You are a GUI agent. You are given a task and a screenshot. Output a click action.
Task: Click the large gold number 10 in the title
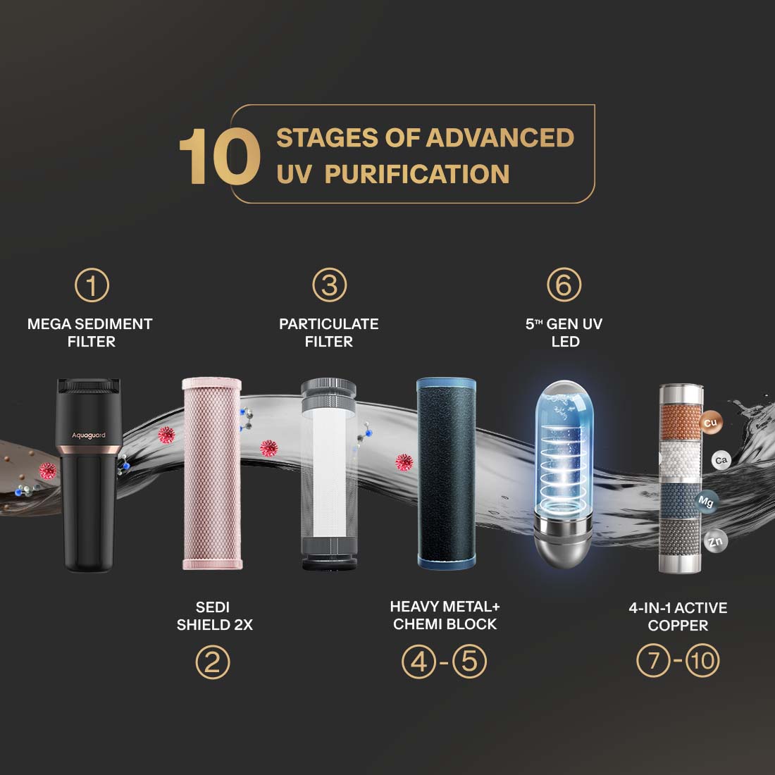click(220, 156)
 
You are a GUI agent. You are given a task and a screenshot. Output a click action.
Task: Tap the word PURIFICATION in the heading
click(416, 174)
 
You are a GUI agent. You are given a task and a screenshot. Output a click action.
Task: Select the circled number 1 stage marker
click(92, 285)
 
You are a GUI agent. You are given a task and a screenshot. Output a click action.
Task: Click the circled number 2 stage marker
click(213, 662)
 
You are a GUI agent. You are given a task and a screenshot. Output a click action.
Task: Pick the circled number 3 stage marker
click(330, 285)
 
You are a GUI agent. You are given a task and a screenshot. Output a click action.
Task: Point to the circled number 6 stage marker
click(564, 285)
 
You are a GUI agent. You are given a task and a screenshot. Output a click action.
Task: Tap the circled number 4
click(418, 662)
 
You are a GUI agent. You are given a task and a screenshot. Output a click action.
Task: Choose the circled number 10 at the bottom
click(702, 660)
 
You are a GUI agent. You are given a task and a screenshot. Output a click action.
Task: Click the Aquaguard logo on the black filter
click(89, 435)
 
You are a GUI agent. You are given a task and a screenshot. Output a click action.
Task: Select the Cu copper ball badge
click(711, 423)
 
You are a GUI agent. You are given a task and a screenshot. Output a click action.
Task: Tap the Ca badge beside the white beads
click(721, 461)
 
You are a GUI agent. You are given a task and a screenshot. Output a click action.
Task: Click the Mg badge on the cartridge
click(706, 502)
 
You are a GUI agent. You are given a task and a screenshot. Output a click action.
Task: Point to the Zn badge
click(716, 541)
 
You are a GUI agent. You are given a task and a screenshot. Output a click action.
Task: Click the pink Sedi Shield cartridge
click(212, 473)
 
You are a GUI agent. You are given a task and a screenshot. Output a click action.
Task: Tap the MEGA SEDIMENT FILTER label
click(90, 333)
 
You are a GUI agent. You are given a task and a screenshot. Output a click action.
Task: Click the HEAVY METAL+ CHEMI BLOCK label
click(445, 615)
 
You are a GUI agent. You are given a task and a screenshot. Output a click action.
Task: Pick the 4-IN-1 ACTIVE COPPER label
click(678, 616)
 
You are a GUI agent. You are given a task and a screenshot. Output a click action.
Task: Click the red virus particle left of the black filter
click(48, 471)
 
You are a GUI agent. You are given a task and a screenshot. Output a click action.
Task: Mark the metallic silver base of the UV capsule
click(564, 540)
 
